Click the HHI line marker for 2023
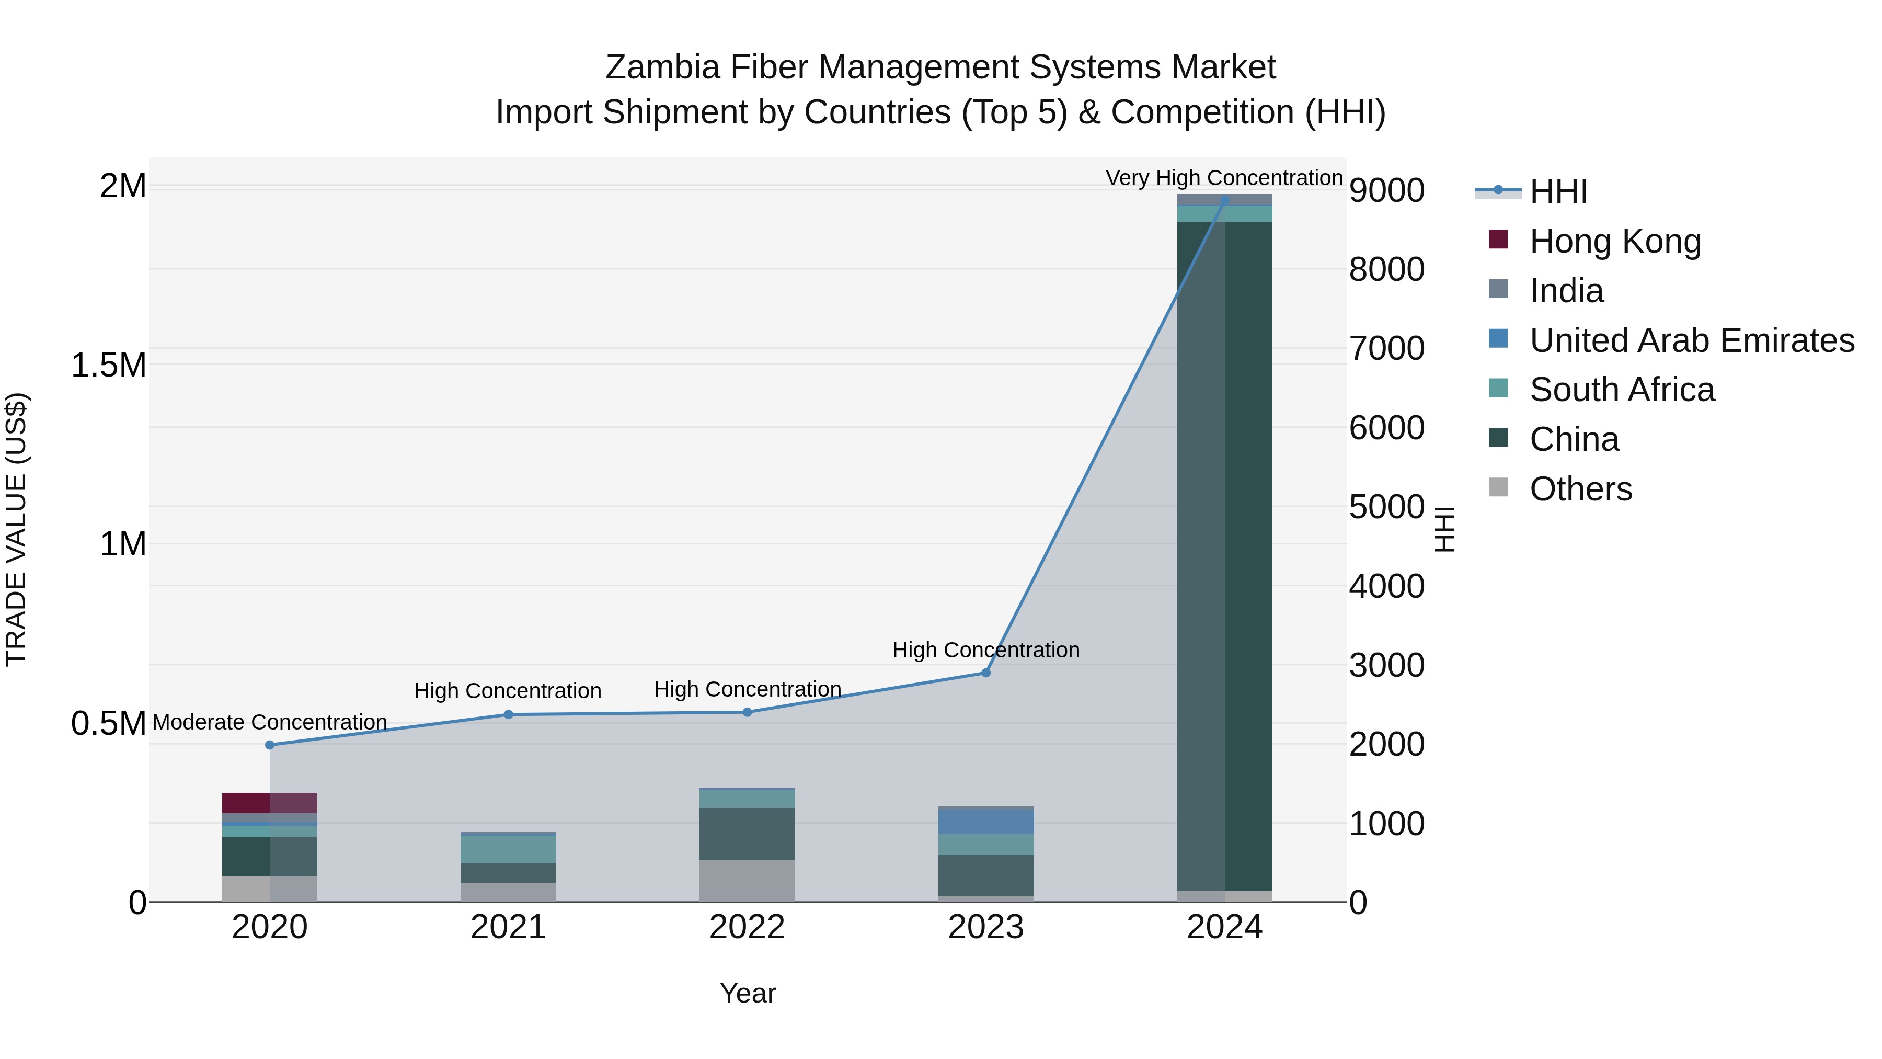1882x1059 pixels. (985, 673)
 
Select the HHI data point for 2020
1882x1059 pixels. (270, 745)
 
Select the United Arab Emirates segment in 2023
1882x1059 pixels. (985, 822)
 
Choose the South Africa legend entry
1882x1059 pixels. (1622, 390)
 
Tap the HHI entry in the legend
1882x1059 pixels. (1558, 191)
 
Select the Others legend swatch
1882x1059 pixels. (1498, 487)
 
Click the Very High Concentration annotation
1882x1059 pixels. (1224, 178)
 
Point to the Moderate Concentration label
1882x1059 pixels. (270, 722)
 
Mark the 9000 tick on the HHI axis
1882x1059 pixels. (1386, 191)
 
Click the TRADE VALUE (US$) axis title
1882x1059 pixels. (16, 529)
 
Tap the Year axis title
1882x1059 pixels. (748, 993)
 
